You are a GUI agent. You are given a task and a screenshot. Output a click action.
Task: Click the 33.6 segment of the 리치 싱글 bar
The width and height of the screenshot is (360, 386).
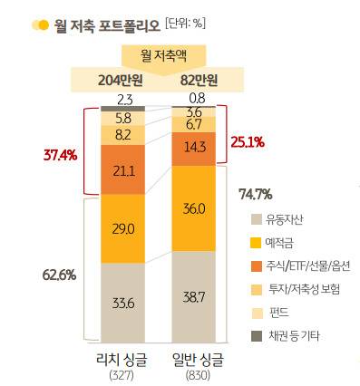click(x=124, y=303)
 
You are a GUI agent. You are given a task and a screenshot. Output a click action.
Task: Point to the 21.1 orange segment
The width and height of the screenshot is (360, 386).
click(x=124, y=171)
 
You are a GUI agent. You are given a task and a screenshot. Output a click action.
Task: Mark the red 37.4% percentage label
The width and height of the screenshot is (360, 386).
click(x=59, y=154)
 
